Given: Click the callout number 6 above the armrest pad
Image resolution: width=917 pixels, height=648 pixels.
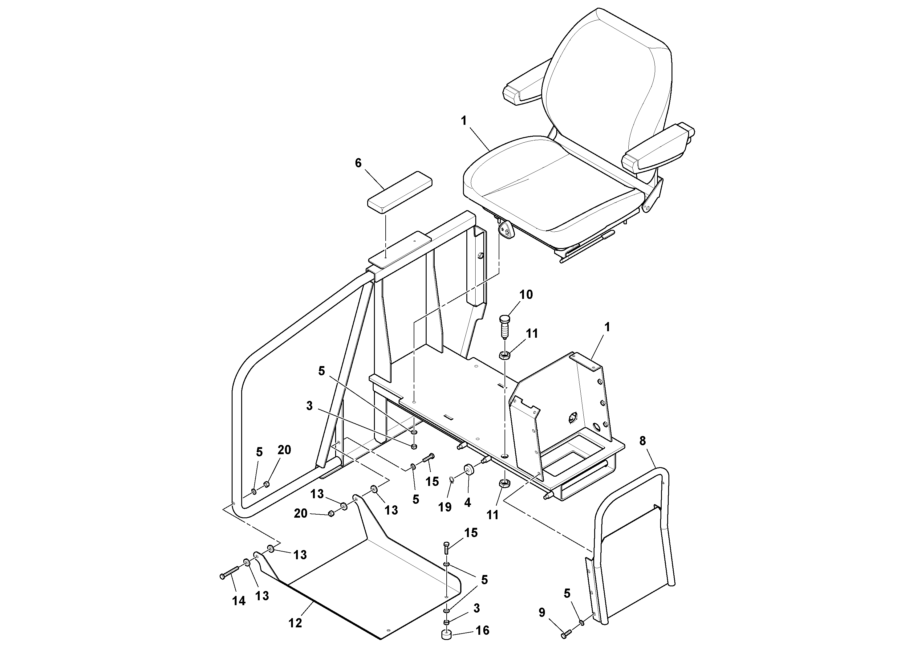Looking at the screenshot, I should [x=358, y=163].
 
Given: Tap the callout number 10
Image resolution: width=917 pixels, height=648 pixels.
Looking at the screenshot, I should [x=526, y=295].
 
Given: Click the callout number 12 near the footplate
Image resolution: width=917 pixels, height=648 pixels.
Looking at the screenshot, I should [x=295, y=622].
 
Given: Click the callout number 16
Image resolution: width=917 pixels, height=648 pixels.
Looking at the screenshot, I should [x=482, y=630].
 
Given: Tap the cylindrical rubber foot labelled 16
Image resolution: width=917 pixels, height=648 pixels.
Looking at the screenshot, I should [x=447, y=635].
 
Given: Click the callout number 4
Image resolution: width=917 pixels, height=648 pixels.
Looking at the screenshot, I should [x=468, y=502].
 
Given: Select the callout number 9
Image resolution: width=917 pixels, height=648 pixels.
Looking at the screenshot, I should [x=542, y=613].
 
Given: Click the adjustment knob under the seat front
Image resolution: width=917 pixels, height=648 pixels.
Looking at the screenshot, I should [x=505, y=231].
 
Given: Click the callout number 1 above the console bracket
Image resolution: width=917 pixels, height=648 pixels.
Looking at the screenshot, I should [x=607, y=327].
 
